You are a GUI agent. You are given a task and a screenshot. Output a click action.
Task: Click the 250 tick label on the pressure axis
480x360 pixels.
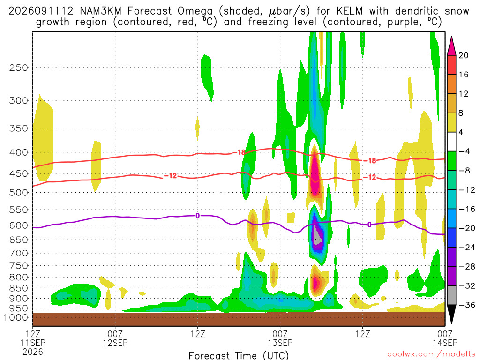click(19, 67)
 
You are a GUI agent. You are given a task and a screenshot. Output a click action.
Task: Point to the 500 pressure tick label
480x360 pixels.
click(19, 193)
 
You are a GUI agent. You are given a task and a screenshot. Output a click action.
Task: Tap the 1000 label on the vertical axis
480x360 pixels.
click(15, 317)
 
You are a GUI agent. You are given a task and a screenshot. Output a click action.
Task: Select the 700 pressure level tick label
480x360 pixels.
click(19, 253)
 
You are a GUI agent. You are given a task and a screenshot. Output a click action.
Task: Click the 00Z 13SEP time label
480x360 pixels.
click(280, 338)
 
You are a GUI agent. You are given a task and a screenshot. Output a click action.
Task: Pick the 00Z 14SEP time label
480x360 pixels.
click(445, 338)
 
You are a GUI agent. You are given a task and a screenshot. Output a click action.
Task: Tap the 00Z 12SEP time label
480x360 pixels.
click(115, 338)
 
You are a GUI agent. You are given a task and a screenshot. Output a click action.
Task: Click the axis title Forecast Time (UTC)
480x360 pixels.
click(239, 355)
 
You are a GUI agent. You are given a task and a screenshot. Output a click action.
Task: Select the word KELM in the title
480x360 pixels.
click(349, 11)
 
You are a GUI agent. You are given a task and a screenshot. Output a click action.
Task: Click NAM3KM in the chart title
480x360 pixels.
click(100, 11)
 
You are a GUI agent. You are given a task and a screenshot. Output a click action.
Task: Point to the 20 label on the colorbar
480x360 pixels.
click(463, 55)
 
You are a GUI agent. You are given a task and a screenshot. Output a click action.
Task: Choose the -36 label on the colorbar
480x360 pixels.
click(466, 305)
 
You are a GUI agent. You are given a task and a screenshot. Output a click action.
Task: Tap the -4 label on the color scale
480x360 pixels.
click(464, 151)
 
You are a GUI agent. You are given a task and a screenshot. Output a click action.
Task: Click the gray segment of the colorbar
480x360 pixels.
click(451, 295)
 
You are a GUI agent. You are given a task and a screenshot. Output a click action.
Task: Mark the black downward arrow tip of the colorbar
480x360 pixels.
click(451, 323)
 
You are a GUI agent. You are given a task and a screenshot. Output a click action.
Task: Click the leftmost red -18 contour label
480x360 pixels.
click(239, 152)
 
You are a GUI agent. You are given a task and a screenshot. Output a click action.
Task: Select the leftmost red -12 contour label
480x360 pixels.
click(171, 176)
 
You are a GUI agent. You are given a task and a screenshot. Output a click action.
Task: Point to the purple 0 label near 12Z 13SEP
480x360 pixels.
click(369, 225)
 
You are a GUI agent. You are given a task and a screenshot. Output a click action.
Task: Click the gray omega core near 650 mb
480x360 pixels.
click(317, 236)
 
